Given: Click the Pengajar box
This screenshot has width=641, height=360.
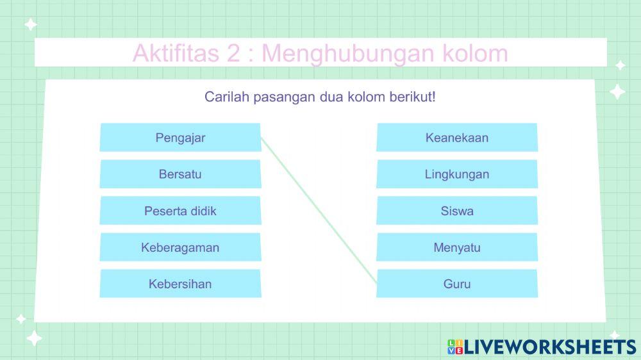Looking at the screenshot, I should pyautogui.click(x=180, y=138).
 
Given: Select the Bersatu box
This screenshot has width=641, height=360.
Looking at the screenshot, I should pyautogui.click(x=180, y=174).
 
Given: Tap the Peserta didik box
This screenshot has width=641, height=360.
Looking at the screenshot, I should pyautogui.click(x=180, y=211).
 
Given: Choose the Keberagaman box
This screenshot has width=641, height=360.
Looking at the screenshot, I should pyautogui.click(x=180, y=247).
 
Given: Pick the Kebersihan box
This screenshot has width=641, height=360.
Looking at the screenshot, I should pyautogui.click(x=180, y=284).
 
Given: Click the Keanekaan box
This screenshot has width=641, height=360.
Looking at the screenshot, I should pyautogui.click(x=456, y=138).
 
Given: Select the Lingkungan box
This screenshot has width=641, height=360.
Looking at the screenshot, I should pyautogui.click(x=456, y=174).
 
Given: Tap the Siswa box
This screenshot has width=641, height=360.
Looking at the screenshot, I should pyautogui.click(x=456, y=211).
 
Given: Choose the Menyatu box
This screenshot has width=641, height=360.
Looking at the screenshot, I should pyautogui.click(x=456, y=247).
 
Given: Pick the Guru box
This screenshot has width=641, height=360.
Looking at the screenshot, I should pyautogui.click(x=456, y=284).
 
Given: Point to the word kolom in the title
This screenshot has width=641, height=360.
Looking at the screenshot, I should pyautogui.click(x=475, y=53).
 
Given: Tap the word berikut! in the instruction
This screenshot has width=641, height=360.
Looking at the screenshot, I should pyautogui.click(x=413, y=97).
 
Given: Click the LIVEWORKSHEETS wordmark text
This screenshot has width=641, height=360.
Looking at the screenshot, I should pyautogui.click(x=550, y=347).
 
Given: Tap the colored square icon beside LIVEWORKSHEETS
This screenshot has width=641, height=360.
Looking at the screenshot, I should pyautogui.click(x=455, y=347).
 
